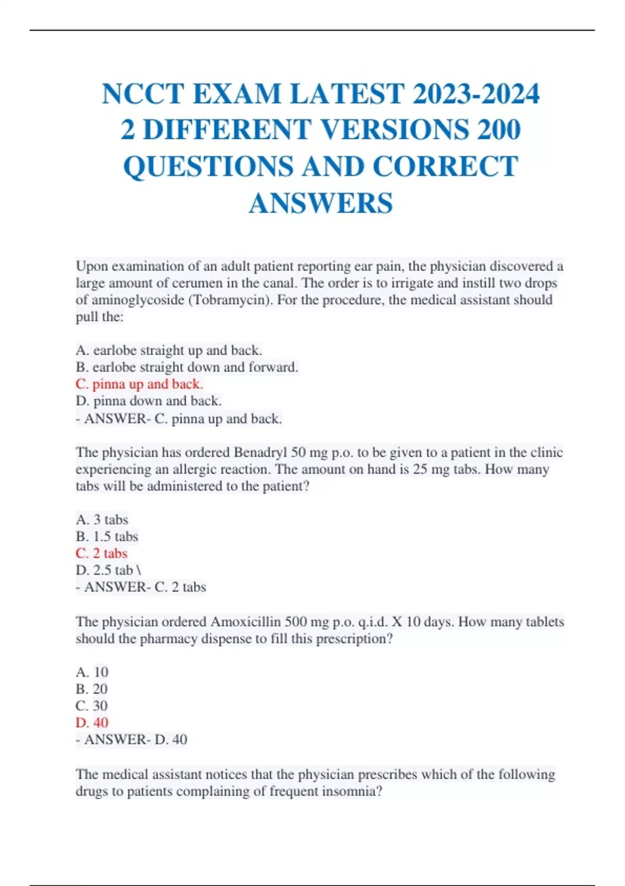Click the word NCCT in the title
pyautogui.click(x=143, y=94)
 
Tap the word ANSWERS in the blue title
pyautogui.click(x=320, y=203)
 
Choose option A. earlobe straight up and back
pyautogui.click(x=169, y=350)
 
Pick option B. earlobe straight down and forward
pyautogui.click(x=187, y=367)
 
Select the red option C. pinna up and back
pyautogui.click(x=139, y=384)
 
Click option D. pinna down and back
pyautogui.click(x=148, y=401)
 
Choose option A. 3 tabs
pyautogui.click(x=102, y=520)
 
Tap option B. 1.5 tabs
pyautogui.click(x=107, y=536)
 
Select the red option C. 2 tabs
pyautogui.click(x=102, y=553)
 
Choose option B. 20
pyautogui.click(x=92, y=689)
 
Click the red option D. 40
pyautogui.click(x=92, y=723)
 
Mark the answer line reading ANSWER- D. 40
pyautogui.click(x=131, y=740)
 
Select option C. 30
pyautogui.click(x=92, y=706)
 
